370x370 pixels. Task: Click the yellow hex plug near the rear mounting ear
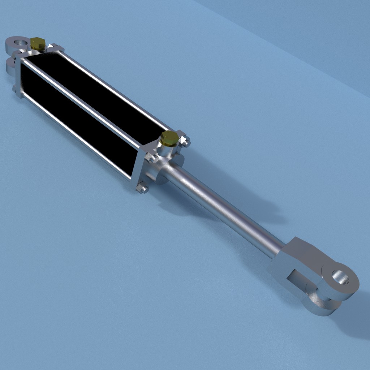(37, 43)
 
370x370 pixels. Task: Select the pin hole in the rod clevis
(341, 278)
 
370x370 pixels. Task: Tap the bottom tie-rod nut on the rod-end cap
(142, 188)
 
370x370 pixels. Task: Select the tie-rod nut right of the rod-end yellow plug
(186, 142)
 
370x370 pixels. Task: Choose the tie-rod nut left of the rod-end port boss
(151, 158)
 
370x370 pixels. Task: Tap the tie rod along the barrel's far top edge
(116, 90)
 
